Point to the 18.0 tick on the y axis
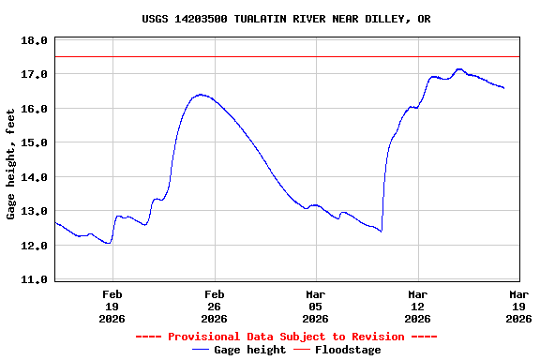pyautogui.click(x=34, y=40)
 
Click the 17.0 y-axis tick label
pyautogui.click(x=34, y=74)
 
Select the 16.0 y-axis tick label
pyautogui.click(x=34, y=109)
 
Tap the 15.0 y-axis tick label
pyautogui.click(x=34, y=142)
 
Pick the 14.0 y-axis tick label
pyautogui.click(x=34, y=177)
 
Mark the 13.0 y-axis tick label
pyautogui.click(x=34, y=211)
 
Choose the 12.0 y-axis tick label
pyautogui.click(x=34, y=246)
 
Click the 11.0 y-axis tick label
pyautogui.click(x=34, y=279)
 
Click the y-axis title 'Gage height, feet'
pyautogui.click(x=11, y=164)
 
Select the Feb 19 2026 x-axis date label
pyautogui.click(x=112, y=306)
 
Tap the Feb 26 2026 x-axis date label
pyautogui.click(x=214, y=306)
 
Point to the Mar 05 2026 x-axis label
pyautogui.click(x=316, y=306)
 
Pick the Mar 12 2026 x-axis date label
pyautogui.click(x=417, y=306)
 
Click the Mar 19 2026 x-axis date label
pyautogui.click(x=518, y=306)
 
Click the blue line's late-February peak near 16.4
pyautogui.click(x=200, y=94)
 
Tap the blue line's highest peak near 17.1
pyautogui.click(x=459, y=68)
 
